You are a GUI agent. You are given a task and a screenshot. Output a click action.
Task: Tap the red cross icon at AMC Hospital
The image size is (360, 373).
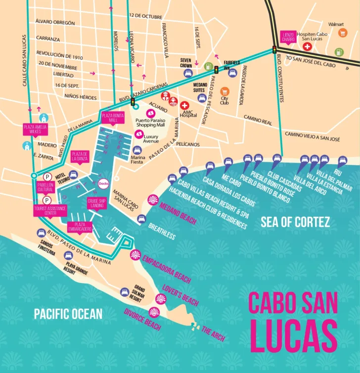coord(185,105)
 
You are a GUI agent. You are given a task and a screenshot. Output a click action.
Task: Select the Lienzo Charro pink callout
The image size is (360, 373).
coord(288,37)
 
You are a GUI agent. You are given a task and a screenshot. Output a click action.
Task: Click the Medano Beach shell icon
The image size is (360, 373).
coord(153,200)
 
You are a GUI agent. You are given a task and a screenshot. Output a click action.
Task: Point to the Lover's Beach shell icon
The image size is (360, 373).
coord(160,298)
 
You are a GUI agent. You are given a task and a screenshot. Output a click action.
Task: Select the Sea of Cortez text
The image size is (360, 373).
coord(296,222)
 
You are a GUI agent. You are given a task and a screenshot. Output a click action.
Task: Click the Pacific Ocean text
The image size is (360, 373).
coord(68,314)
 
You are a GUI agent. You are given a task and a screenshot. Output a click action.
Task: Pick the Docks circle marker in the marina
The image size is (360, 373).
coord(103,184)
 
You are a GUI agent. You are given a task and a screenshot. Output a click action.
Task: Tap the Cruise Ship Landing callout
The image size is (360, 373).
coord(97,203)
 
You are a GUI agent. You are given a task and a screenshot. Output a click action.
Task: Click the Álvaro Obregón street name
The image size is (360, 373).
coord(55,23)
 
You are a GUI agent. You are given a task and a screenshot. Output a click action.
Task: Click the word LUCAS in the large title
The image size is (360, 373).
coord(293,335)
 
